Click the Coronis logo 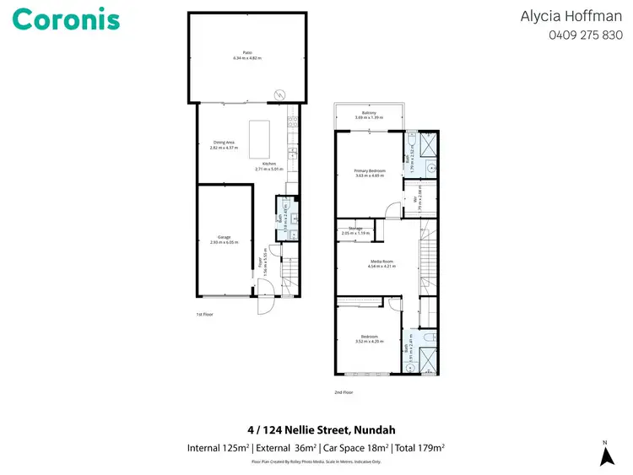tap(66, 20)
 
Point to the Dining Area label tap(224, 145)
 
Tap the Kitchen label tap(269, 166)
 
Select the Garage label tap(224, 240)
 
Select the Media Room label tap(381, 264)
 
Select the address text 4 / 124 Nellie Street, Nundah tap(316, 429)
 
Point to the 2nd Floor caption tap(344, 392)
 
